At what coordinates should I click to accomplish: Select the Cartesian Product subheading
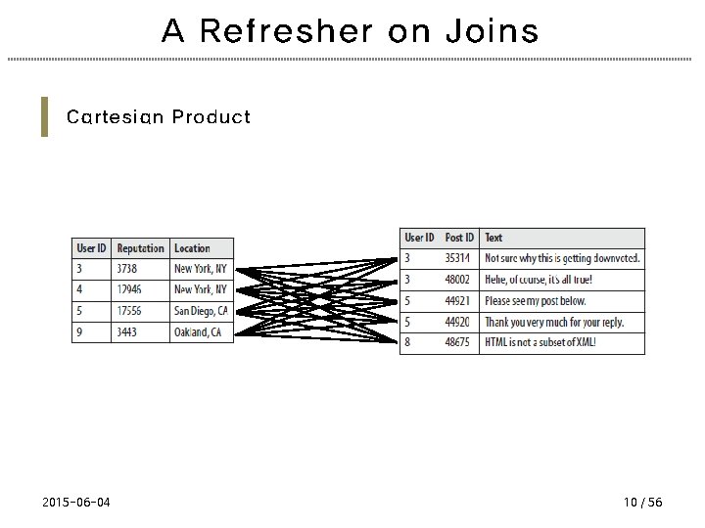[x=159, y=117]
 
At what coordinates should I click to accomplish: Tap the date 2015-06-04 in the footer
[x=76, y=502]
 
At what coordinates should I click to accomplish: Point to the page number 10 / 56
[x=642, y=502]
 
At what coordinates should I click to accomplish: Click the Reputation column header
[x=141, y=248]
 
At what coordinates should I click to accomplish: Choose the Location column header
[x=193, y=248]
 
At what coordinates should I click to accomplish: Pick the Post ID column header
[x=459, y=238]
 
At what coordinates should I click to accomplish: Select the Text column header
[x=494, y=238]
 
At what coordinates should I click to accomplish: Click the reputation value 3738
[x=128, y=269]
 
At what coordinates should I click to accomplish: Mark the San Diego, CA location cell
[x=201, y=311]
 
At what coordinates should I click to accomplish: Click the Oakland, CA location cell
[x=198, y=332]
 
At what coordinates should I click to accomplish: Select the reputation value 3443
[x=128, y=332]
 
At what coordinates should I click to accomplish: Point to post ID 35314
[x=458, y=258]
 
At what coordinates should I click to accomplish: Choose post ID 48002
[x=458, y=280]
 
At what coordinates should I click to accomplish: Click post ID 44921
[x=458, y=301]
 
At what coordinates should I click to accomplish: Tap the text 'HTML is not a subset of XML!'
[x=540, y=343]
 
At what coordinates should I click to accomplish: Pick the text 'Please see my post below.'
[x=536, y=301]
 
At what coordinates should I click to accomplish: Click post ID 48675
[x=458, y=343]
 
